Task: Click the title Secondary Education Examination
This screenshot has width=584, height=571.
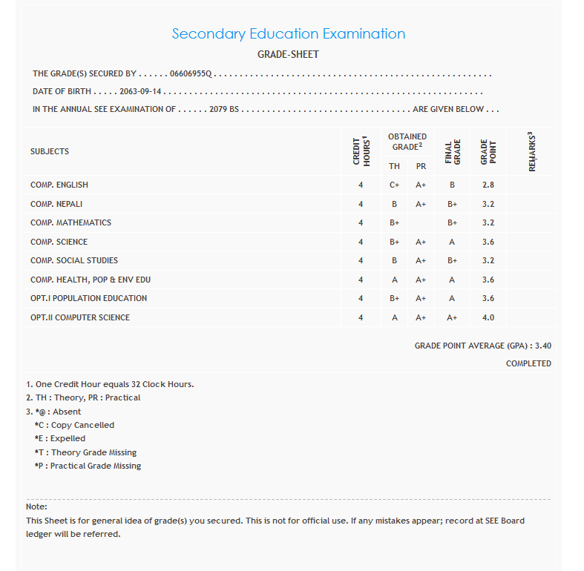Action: click(289, 34)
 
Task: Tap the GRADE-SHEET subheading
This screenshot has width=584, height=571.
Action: click(289, 55)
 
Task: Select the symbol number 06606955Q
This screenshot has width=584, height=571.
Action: click(191, 74)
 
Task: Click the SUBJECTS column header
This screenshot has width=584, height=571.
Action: click(50, 151)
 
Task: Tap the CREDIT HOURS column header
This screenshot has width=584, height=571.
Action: click(361, 151)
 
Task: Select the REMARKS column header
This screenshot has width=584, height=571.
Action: click(532, 152)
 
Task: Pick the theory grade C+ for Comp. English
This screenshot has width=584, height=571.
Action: click(394, 185)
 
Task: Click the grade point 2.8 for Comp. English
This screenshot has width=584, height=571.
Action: click(488, 185)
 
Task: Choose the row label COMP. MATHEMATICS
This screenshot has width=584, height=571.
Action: click(70, 222)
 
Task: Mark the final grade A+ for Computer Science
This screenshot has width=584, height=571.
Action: click(452, 317)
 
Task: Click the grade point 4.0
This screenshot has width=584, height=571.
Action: click(488, 317)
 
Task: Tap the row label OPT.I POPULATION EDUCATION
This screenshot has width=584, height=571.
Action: click(88, 298)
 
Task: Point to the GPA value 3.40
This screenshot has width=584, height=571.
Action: click(543, 346)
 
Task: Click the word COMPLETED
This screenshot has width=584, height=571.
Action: click(528, 363)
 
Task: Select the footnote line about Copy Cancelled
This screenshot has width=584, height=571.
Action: click(74, 425)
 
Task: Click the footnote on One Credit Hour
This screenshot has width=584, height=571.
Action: click(110, 384)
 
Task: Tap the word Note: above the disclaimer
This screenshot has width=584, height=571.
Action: click(36, 506)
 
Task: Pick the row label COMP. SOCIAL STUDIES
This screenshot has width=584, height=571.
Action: click(74, 260)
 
